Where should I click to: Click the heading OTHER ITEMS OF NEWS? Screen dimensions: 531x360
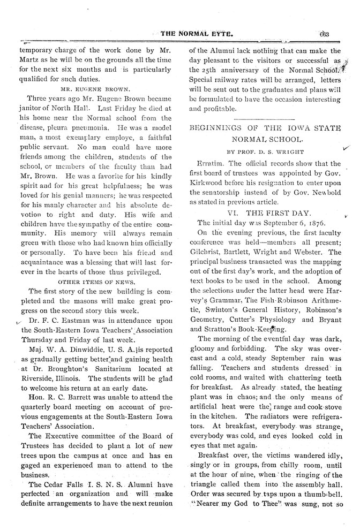coord(95,280)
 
